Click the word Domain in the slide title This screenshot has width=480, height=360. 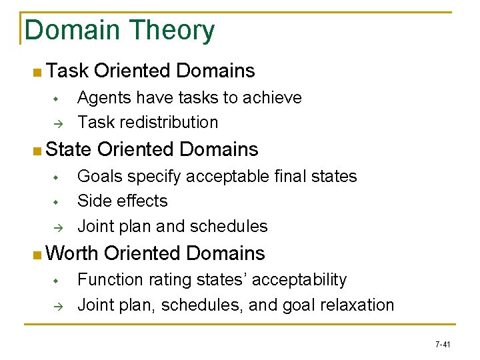click(73, 31)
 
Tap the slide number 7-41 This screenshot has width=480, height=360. click(443, 345)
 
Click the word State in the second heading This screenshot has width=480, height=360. click(69, 149)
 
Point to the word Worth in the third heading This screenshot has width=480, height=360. click(73, 253)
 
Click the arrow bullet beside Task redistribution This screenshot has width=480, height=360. click(57, 123)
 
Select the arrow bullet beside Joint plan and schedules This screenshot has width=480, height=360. click(57, 227)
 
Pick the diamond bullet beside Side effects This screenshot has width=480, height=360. click(57, 201)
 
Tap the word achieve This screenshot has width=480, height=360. click(273, 98)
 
